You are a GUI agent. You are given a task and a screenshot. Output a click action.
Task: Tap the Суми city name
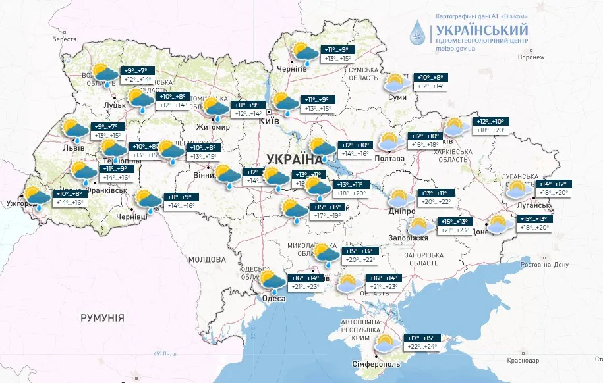pos(397,97)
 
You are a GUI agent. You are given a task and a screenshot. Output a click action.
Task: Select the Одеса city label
pos(274,299)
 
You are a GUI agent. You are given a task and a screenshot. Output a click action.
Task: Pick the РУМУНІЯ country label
pos(102,318)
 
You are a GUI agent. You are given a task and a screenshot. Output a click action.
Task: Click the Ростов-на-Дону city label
pos(544,265)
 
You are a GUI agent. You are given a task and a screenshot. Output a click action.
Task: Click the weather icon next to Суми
pos(396,82)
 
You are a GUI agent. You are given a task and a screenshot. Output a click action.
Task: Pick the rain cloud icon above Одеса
pos(272,281)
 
